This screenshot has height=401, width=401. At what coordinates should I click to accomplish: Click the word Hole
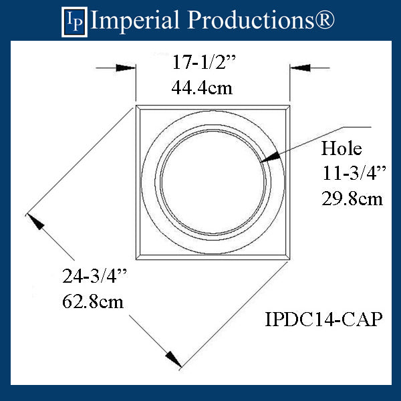(341, 148)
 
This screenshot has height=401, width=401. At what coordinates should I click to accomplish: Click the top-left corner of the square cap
(136, 106)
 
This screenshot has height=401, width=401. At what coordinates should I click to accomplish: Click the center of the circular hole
(213, 181)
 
